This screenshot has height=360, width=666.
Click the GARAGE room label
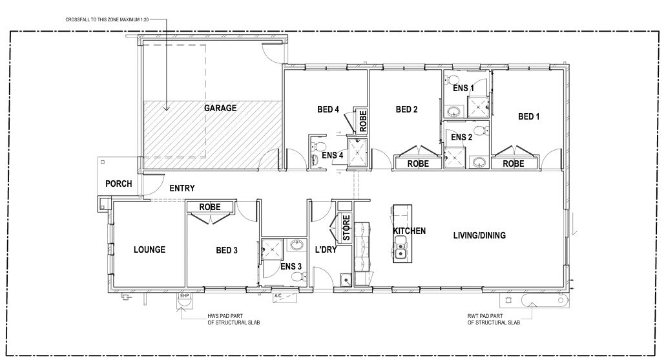pyautogui.click(x=220, y=108)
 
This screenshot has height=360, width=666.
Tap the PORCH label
pyautogui.click(x=118, y=184)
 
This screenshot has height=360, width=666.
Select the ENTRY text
pyautogui.click(x=182, y=188)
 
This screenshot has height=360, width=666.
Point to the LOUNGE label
pyautogui.click(x=149, y=249)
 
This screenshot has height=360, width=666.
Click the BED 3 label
pyautogui.click(x=227, y=250)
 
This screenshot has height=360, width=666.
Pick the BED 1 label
pyautogui.click(x=529, y=116)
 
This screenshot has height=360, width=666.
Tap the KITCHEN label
pyautogui.click(x=409, y=231)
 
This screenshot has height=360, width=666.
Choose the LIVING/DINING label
pyautogui.click(x=479, y=235)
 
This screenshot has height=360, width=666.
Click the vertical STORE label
pyautogui.click(x=346, y=228)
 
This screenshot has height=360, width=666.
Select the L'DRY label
pyautogui.click(x=326, y=249)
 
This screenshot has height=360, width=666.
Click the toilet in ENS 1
pyautogui.click(x=453, y=79)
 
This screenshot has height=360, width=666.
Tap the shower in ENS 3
pyautogui.click(x=272, y=249)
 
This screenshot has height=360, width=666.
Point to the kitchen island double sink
pyautogui.click(x=400, y=248)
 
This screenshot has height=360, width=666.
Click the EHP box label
pyautogui.click(x=184, y=296)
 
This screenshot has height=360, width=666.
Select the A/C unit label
pyautogui.click(x=278, y=296)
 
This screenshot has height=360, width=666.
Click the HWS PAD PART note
pyautogui.click(x=234, y=319)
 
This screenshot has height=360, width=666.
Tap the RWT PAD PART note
pyautogui.click(x=494, y=319)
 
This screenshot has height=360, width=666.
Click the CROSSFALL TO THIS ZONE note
pyautogui.click(x=107, y=19)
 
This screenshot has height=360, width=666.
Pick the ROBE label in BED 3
pyautogui.click(x=210, y=207)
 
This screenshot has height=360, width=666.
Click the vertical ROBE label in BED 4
pyautogui.click(x=363, y=121)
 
